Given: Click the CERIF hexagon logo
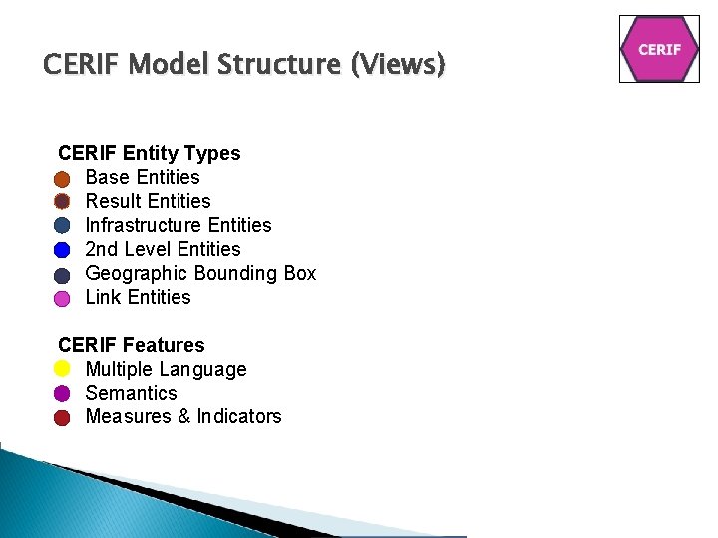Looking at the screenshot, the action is tap(659, 49).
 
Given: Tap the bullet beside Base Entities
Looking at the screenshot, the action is tap(63, 179).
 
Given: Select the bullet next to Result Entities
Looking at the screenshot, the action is tap(63, 202).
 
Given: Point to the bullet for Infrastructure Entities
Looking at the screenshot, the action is tap(63, 226).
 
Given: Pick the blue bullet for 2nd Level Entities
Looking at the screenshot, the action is tap(63, 250).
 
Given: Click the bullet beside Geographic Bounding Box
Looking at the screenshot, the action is tap(63, 275).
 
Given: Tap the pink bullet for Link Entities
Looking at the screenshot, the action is tap(63, 299).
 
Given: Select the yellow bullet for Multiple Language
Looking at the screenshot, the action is tap(63, 370).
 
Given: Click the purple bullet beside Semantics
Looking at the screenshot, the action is tap(63, 394).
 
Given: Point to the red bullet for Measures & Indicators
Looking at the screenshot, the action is tap(63, 417).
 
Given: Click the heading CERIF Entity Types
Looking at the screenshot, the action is tap(150, 153).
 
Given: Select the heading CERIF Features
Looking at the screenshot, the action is tap(132, 345).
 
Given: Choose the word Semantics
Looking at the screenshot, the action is tap(131, 393).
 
